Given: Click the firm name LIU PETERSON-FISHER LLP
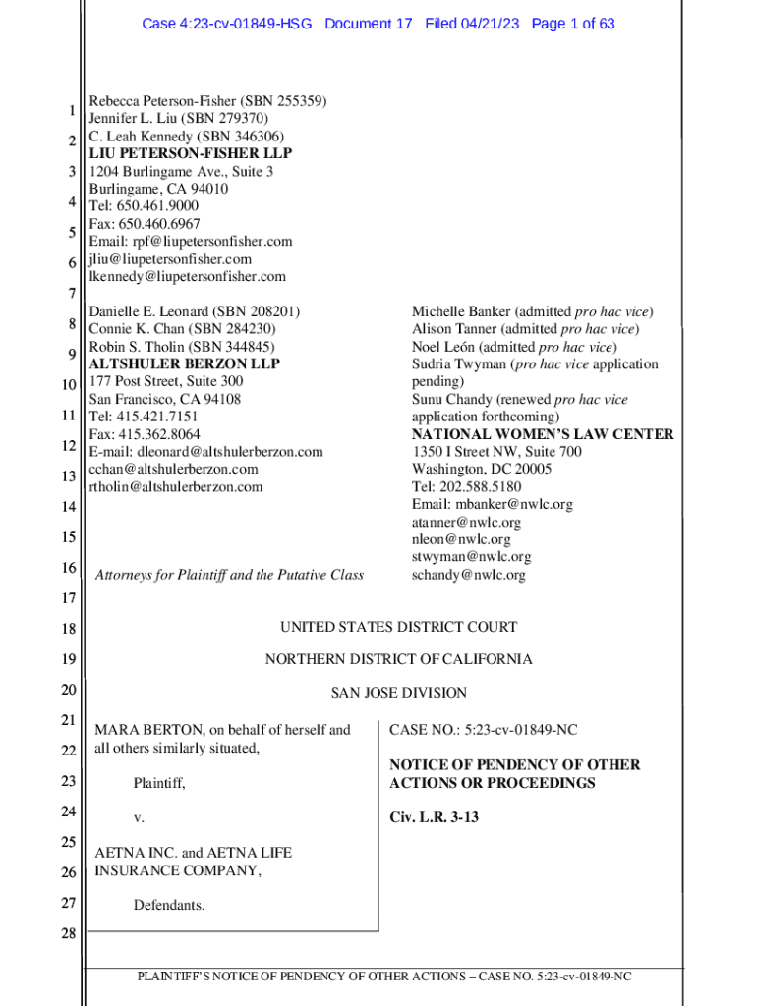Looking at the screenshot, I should click(191, 154).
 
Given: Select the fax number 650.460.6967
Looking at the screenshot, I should click(157, 224).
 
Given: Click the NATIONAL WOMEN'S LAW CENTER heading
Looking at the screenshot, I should click(543, 434).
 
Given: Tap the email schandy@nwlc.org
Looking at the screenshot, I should click(468, 575).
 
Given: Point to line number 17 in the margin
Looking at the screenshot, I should click(69, 598).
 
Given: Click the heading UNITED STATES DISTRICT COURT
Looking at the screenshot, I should click(398, 628).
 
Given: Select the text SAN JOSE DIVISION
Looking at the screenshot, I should click(398, 693).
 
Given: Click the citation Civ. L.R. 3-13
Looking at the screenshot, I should click(434, 817).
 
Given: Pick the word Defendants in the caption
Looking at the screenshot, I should click(169, 906).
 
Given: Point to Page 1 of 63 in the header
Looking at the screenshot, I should click(573, 24).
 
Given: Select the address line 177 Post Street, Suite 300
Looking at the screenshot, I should click(166, 382).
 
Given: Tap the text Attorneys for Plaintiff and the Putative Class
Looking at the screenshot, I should click(229, 575).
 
